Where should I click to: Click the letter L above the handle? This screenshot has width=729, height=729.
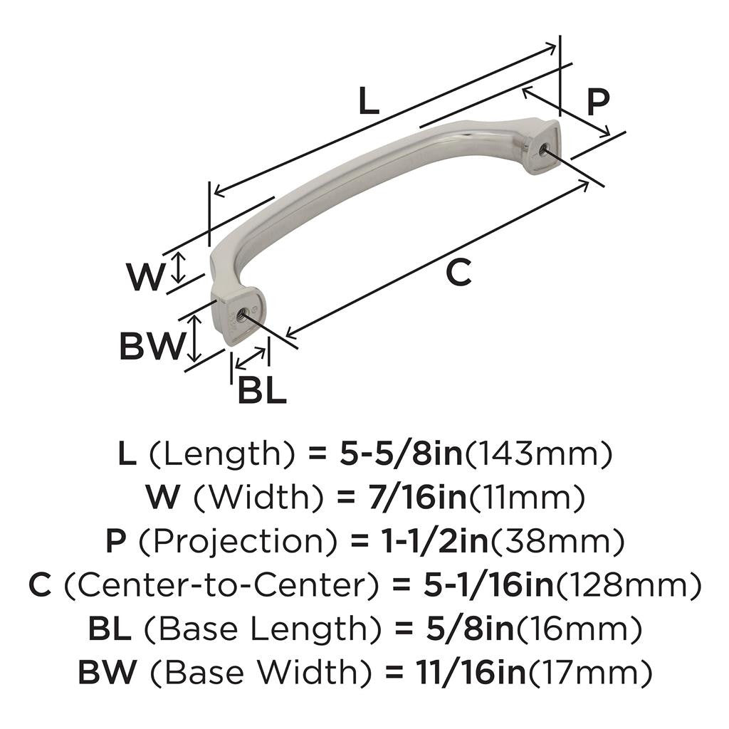[367, 102]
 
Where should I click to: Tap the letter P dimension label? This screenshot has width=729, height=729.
[597, 102]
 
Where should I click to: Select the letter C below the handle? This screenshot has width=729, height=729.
[459, 273]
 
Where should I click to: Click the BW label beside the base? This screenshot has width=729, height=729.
[150, 347]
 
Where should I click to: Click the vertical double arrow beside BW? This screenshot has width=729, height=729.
[194, 340]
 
